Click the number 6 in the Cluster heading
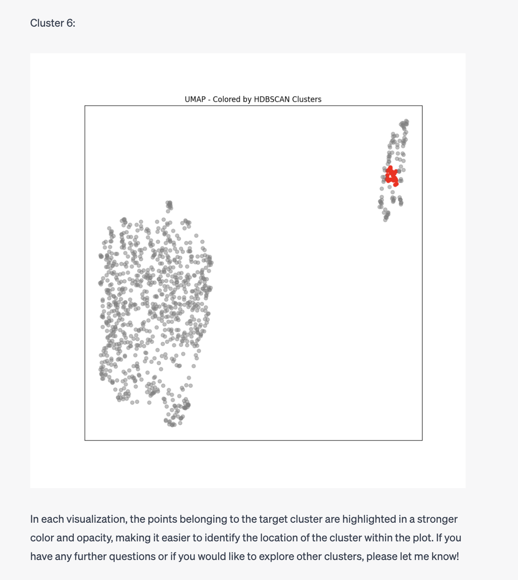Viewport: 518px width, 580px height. pyautogui.click(x=70, y=23)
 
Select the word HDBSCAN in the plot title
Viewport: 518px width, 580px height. pyautogui.click(x=272, y=99)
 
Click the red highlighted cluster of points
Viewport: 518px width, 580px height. pyautogui.click(x=391, y=176)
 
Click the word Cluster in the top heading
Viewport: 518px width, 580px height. pyautogui.click(x=47, y=23)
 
